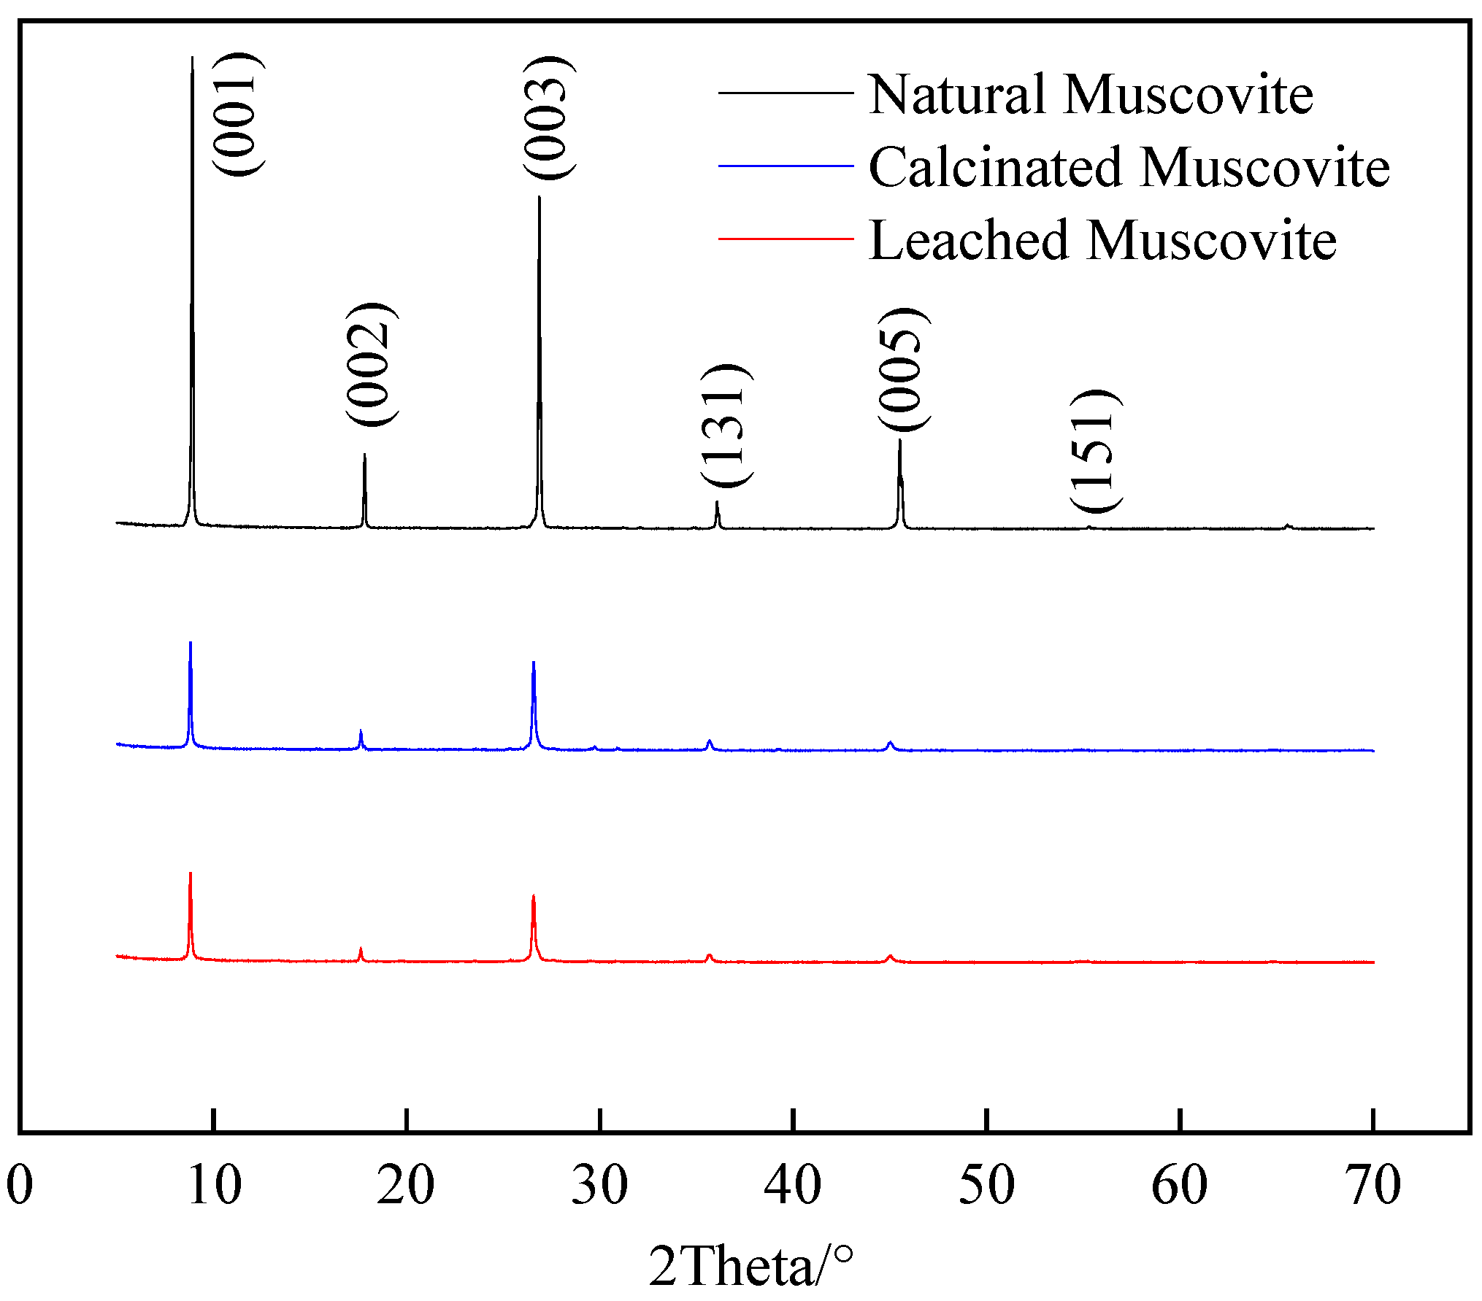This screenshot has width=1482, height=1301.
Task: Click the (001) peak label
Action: (237, 115)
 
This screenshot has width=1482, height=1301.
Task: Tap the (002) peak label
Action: (371, 363)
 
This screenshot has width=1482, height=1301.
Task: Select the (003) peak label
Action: (548, 117)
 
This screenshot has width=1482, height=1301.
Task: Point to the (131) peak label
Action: (726, 425)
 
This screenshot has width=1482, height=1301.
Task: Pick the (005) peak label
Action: (903, 369)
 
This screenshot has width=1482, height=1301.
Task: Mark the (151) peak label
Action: (1094, 452)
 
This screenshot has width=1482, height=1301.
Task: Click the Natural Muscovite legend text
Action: (1091, 95)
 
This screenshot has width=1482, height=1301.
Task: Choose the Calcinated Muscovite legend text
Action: (1129, 167)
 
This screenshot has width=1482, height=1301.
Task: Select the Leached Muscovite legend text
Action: (1102, 240)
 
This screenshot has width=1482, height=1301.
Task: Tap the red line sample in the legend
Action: (786, 239)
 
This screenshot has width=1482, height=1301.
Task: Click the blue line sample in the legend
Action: (786, 166)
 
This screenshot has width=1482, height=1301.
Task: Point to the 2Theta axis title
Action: (750, 1266)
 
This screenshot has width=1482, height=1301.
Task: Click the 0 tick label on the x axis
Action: (20, 1184)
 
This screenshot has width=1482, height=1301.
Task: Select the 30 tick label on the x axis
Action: (599, 1184)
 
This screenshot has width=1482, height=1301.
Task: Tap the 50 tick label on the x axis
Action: (986, 1184)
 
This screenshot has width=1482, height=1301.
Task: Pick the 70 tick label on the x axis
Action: (1372, 1184)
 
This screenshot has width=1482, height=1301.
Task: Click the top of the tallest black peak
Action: (192, 58)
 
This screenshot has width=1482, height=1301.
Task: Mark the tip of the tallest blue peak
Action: (191, 643)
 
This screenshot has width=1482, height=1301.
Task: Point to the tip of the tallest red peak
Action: (191, 873)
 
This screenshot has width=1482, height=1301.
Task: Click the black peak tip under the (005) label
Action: (899, 440)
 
